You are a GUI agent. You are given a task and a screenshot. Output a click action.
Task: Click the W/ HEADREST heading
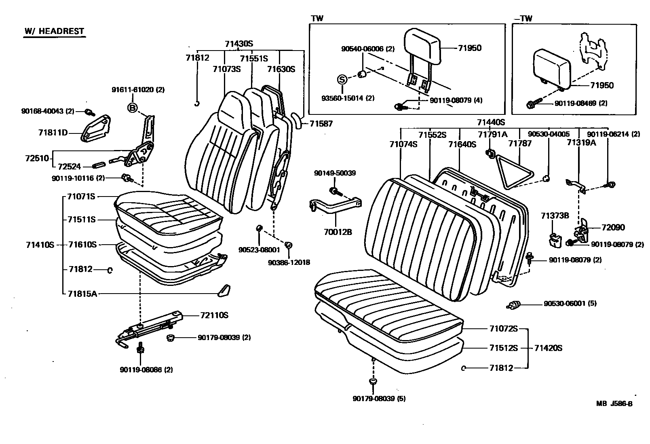(54, 31)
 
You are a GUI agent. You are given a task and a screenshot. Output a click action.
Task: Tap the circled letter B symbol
(132, 107)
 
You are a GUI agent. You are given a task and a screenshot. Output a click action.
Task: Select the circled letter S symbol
(342, 79)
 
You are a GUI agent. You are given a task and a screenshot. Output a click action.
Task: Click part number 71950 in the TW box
(470, 48)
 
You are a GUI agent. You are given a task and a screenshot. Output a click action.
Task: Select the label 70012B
(338, 232)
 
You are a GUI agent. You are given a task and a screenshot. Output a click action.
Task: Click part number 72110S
(214, 315)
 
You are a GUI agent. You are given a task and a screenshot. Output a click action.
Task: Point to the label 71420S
(548, 348)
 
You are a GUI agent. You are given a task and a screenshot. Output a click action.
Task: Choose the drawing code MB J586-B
(614, 404)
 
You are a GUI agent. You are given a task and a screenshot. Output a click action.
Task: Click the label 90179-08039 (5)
(379, 399)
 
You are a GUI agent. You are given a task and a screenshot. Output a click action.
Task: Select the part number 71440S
(491, 122)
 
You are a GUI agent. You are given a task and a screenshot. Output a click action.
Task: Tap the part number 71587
(321, 124)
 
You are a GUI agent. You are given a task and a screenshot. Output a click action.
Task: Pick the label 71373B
(555, 216)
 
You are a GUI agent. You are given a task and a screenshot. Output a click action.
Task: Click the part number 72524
(69, 166)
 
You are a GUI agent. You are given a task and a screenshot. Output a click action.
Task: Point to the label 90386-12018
(289, 262)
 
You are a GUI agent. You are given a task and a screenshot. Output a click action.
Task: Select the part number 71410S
(40, 245)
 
